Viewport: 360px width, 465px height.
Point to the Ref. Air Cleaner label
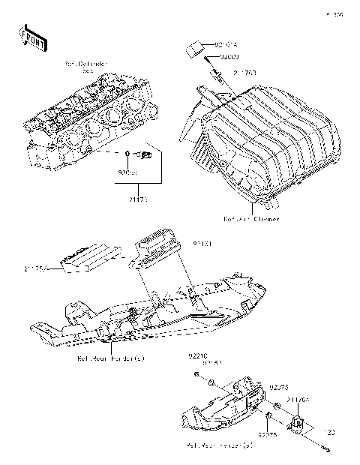[x=251, y=219]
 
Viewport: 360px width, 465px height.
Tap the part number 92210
[x=198, y=357]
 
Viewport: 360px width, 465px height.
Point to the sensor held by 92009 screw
[x=215, y=76]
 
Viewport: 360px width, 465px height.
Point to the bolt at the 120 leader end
[x=328, y=450]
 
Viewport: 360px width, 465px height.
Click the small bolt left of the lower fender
[x=195, y=374]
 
